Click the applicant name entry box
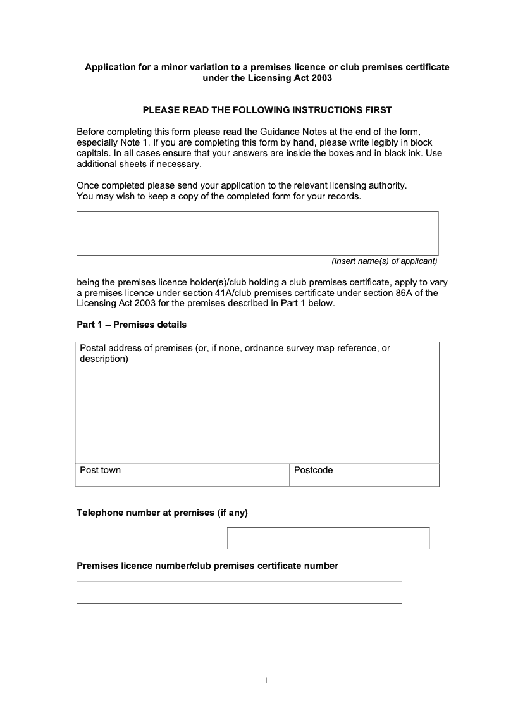[257, 233]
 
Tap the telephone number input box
[328, 538]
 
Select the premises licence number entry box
[239, 592]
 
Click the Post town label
[100, 471]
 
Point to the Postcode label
[313, 471]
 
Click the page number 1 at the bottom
[266, 681]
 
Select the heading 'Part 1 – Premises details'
[132, 325]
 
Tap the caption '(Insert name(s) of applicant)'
[385, 261]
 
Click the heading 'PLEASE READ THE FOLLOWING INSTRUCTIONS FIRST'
[267, 110]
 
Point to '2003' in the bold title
[320, 78]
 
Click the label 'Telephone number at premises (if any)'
[162, 513]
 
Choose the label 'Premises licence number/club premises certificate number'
[207, 566]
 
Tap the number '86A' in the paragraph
[407, 293]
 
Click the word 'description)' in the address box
[104, 359]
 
